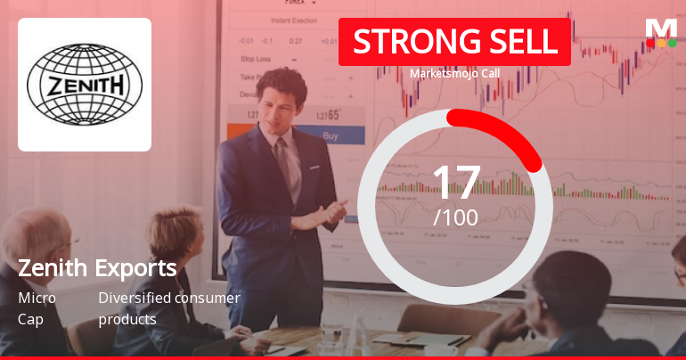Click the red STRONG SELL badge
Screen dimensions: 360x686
click(454, 41)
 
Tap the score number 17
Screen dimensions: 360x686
click(455, 183)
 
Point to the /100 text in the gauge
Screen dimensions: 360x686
click(455, 217)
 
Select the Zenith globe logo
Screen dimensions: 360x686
click(85, 85)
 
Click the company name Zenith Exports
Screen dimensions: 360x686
click(97, 268)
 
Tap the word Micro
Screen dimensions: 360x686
click(37, 298)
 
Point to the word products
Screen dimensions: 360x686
click(127, 319)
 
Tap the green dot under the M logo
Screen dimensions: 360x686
click(673, 43)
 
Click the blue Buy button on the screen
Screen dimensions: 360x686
click(331, 136)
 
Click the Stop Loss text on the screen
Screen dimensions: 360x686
click(256, 59)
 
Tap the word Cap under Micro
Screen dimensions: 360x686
click(29, 319)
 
